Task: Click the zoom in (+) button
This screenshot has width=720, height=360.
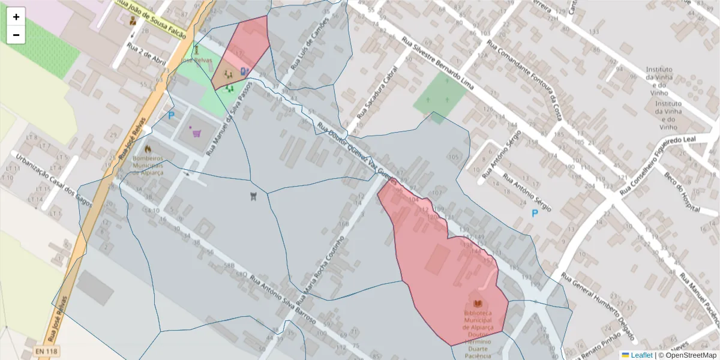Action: pyautogui.click(x=16, y=17)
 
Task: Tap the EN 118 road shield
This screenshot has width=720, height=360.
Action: pyautogui.click(x=46, y=351)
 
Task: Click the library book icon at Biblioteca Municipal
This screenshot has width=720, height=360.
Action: pyautogui.click(x=478, y=304)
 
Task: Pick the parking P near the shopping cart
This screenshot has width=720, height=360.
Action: pyautogui.click(x=171, y=115)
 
